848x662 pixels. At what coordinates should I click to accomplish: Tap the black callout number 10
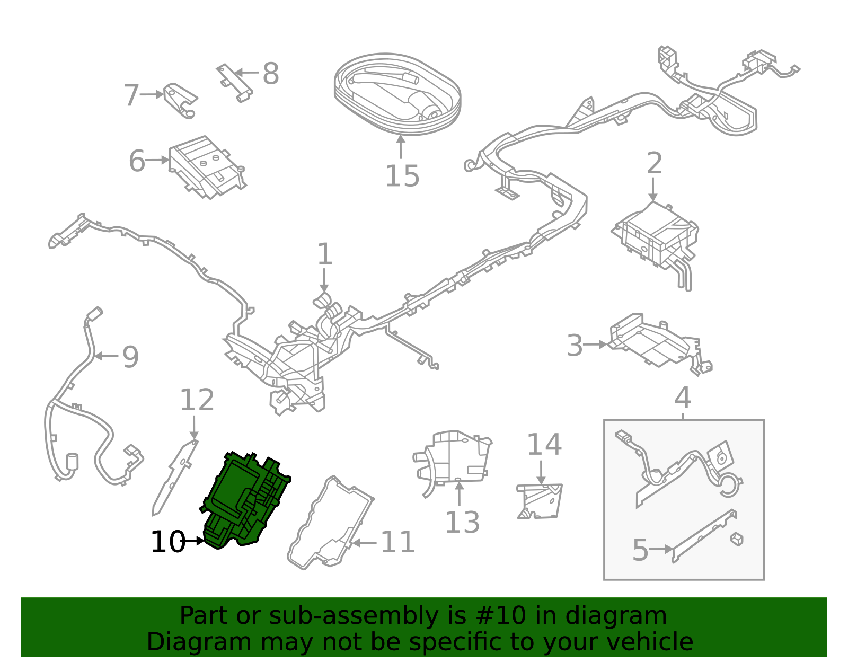coord(167,542)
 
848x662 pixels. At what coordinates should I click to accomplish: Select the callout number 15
coord(402,176)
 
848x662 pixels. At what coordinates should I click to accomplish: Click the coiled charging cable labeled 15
coord(397,94)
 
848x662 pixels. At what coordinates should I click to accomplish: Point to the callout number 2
coord(654,163)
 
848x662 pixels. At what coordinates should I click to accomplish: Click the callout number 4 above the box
coord(683,398)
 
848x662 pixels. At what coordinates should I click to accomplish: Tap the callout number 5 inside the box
coord(640,550)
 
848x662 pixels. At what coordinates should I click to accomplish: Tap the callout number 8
coord(270,74)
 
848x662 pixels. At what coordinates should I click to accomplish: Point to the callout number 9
coord(130,357)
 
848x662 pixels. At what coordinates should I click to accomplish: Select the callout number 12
coord(197,400)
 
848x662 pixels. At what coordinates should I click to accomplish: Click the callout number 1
coord(324,254)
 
